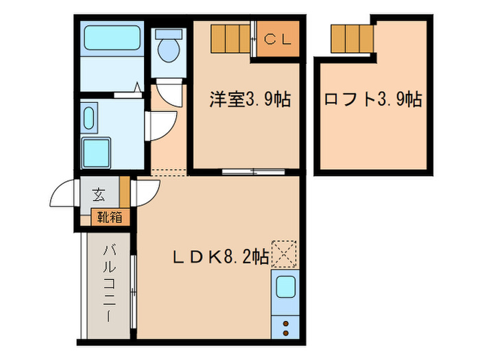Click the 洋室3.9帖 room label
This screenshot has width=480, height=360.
250,99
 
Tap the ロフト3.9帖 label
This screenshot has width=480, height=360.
372,99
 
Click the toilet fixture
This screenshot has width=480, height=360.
167,48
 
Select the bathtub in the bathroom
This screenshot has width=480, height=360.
112,40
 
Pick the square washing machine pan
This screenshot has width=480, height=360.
97,150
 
